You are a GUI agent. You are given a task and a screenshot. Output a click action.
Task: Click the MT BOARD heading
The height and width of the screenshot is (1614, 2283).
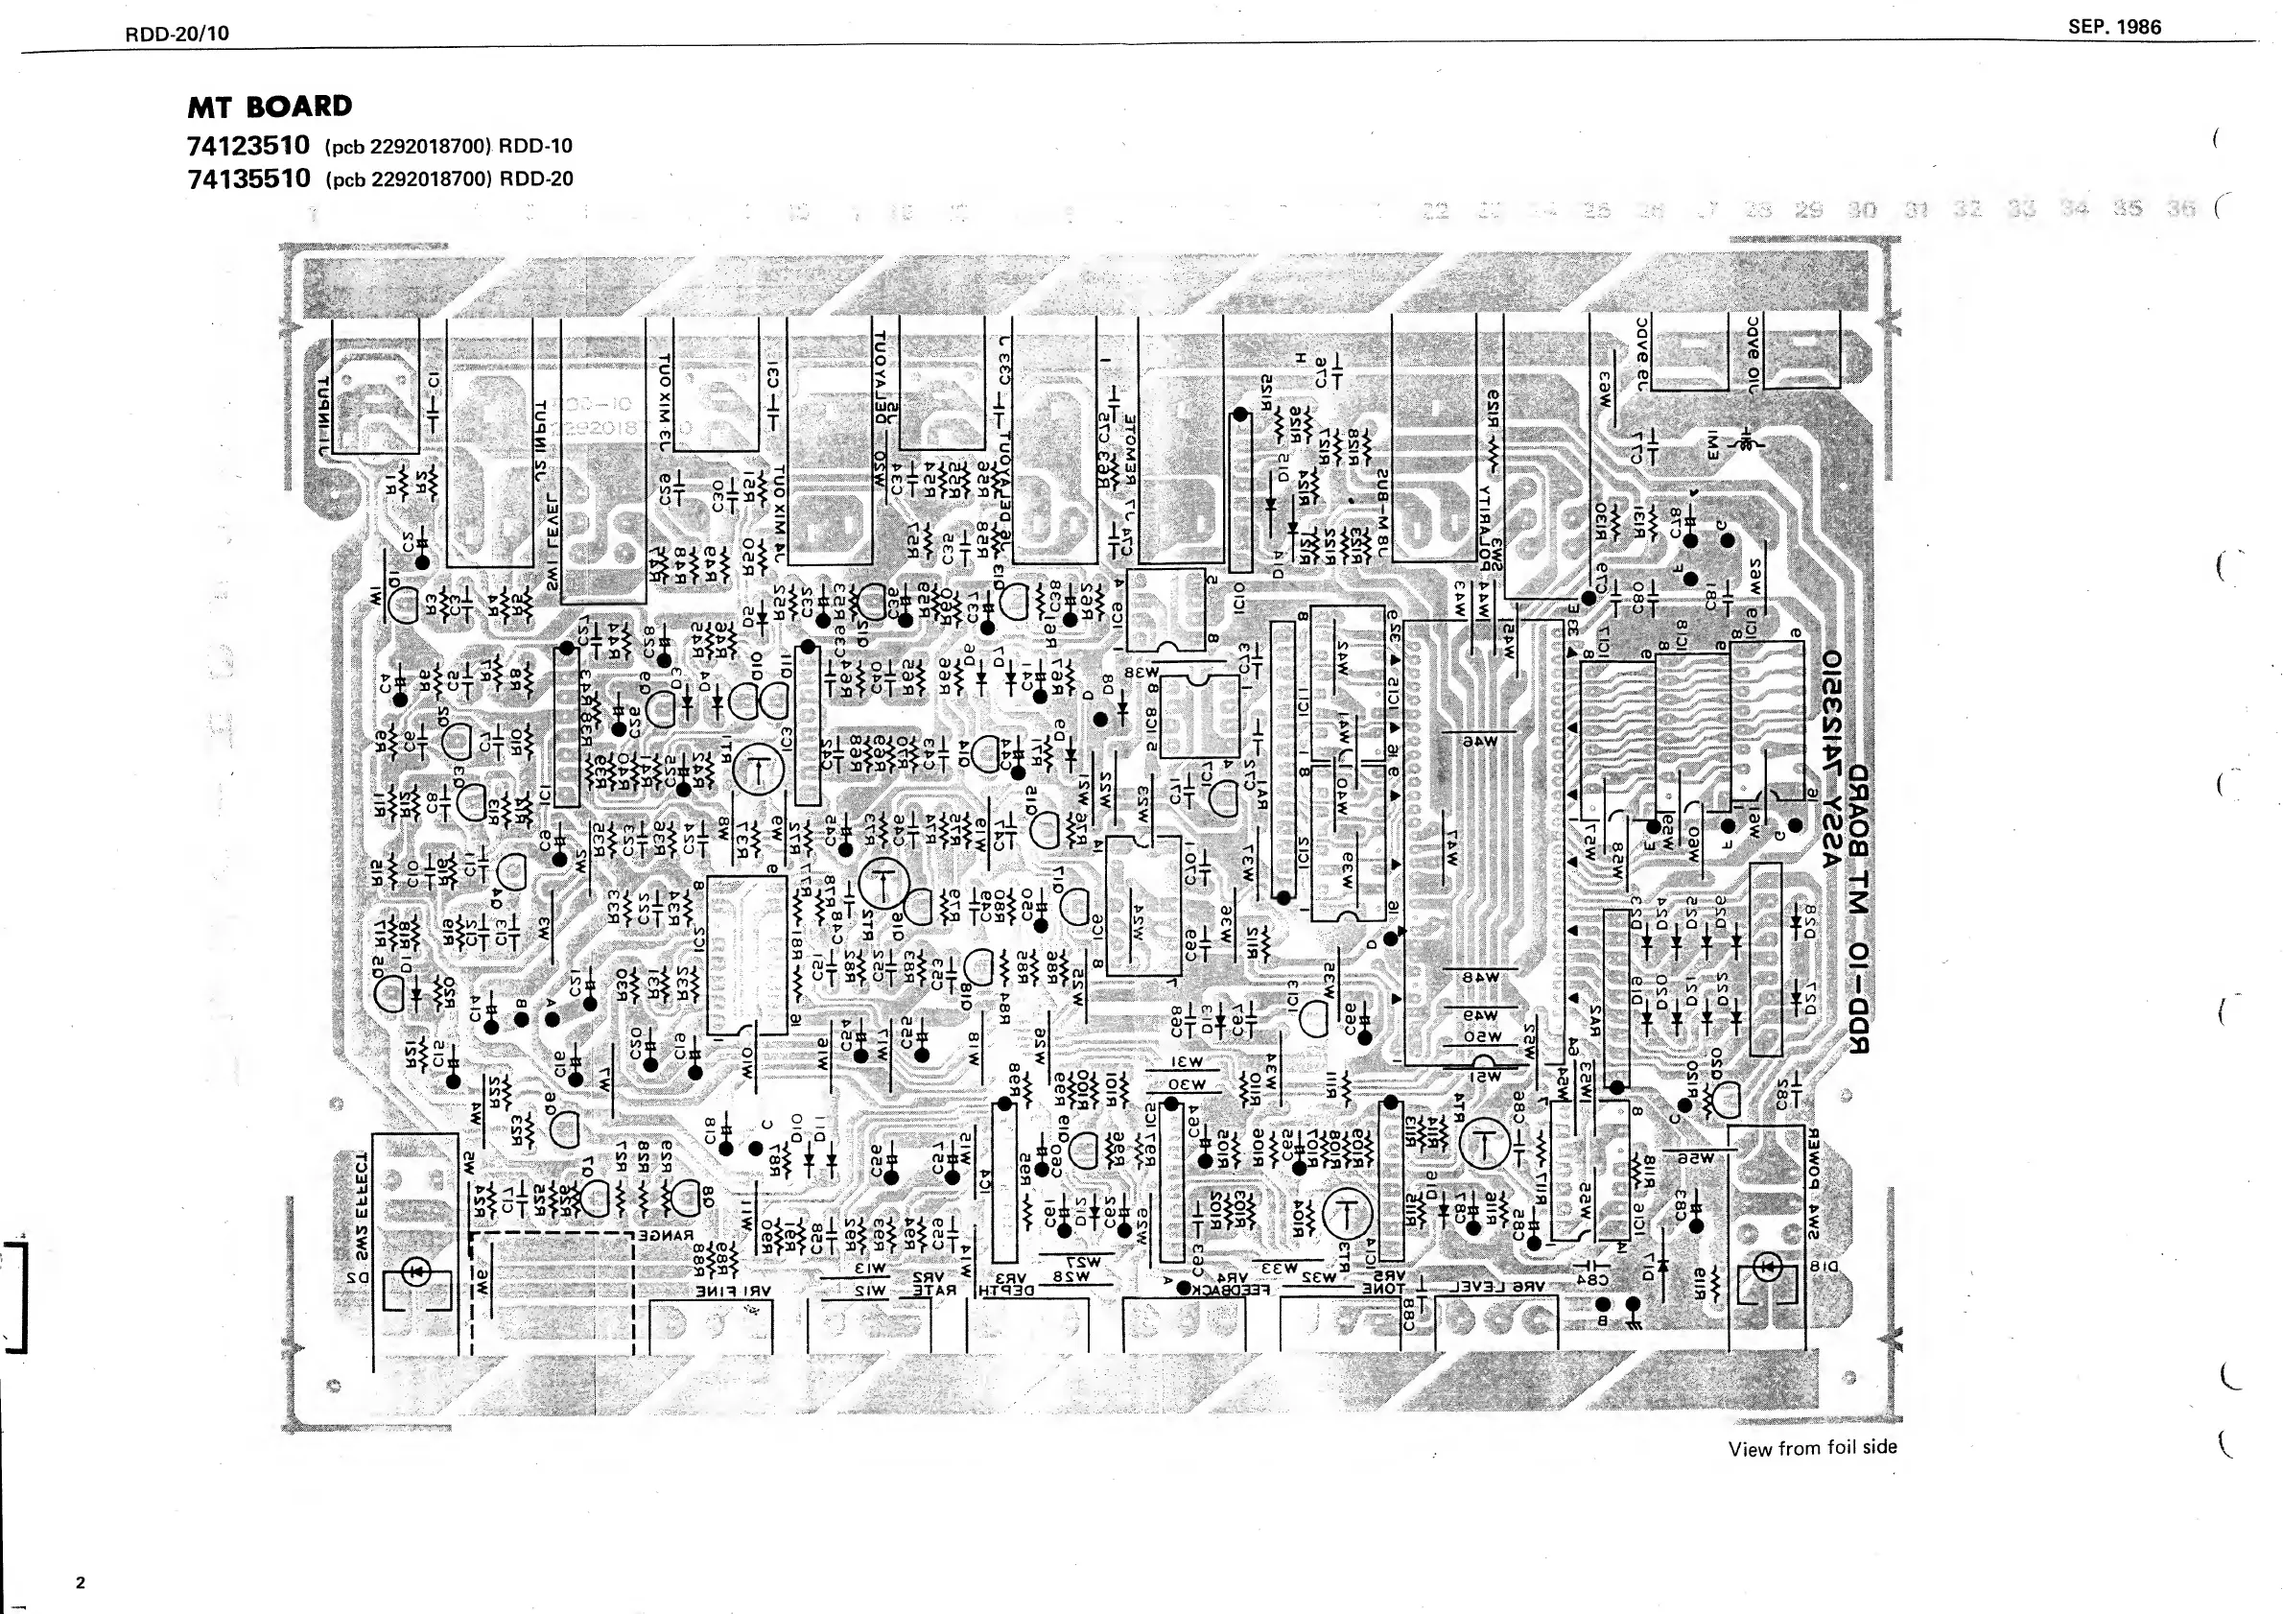pyautogui.click(x=270, y=107)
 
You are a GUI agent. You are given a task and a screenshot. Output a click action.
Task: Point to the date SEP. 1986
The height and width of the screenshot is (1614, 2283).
pyautogui.click(x=2114, y=28)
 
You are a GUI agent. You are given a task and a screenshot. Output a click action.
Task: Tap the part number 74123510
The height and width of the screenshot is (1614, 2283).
pyautogui.click(x=248, y=146)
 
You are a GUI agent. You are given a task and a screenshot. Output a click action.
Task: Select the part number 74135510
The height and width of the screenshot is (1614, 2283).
pyautogui.click(x=248, y=179)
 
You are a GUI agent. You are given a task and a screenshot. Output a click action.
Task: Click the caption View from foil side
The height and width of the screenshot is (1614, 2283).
pyautogui.click(x=1812, y=1448)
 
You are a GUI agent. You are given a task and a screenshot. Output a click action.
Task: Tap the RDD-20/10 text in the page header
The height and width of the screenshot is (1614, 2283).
pyautogui.click(x=177, y=34)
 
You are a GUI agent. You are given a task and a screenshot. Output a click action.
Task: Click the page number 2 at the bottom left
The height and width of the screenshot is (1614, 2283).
pyautogui.click(x=81, y=1583)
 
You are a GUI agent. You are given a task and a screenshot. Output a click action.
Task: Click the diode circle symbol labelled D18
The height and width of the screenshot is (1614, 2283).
pyautogui.click(x=1767, y=1267)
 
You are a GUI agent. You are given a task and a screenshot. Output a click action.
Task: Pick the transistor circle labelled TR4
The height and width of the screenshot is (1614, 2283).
pyautogui.click(x=1484, y=1144)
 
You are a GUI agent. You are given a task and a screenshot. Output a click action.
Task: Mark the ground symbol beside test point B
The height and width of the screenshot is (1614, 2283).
pyautogui.click(x=1633, y=1320)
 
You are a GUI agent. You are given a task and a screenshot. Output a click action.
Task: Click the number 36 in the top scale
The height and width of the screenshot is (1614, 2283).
pyautogui.click(x=2181, y=209)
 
